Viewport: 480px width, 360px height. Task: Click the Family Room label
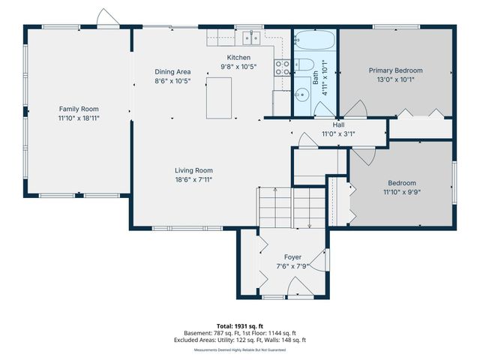pos(79,108)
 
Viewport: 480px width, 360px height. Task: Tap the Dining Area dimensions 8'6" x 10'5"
pos(172,80)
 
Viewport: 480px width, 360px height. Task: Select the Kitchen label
pos(238,58)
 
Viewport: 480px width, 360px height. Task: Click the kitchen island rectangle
pos(219,97)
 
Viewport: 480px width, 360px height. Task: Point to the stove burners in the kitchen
pos(283,65)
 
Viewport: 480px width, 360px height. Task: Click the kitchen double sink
pos(250,36)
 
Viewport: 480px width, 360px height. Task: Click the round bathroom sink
pos(301,94)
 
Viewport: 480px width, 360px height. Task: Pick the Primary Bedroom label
pos(395,70)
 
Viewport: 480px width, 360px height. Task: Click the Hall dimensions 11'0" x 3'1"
pos(338,134)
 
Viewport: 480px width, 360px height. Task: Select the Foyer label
pos(292,256)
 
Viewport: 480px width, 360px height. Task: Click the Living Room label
pos(194,170)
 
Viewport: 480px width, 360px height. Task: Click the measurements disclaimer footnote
pos(239,349)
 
